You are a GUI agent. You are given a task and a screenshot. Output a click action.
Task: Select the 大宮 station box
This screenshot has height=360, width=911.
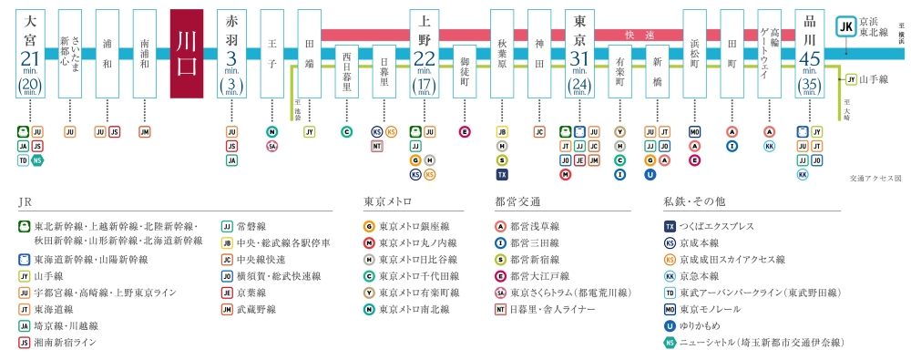(x=32, y=54)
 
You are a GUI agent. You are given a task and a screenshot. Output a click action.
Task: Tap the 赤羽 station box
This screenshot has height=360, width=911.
(x=231, y=54)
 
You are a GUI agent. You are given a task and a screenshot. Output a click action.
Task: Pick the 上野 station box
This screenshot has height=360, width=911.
(x=423, y=54)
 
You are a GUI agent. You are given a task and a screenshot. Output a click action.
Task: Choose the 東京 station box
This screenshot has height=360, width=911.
(x=578, y=54)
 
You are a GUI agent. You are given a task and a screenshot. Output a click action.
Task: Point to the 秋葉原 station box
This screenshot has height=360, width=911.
(x=502, y=54)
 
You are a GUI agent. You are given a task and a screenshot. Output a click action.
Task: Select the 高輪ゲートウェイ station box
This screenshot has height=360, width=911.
(x=770, y=54)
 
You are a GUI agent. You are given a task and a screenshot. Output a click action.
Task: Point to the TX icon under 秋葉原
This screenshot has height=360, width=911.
(x=502, y=174)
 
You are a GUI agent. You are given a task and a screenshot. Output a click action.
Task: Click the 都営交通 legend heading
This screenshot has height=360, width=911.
(x=517, y=202)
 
